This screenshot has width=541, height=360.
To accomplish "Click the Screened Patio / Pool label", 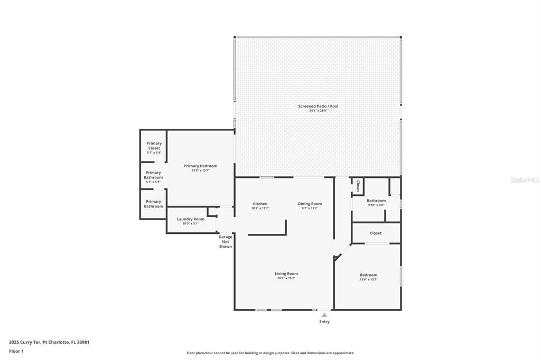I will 318,106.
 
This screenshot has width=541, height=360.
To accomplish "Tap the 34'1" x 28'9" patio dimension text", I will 318,111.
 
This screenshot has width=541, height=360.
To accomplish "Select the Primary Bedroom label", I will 200,166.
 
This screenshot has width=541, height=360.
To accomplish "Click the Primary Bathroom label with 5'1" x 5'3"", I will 153,175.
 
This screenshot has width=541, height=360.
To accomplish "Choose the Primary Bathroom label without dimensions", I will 153,204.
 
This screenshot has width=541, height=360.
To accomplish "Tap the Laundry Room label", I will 190,219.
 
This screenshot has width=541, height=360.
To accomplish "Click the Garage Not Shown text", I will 226,242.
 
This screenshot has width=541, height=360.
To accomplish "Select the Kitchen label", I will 260,204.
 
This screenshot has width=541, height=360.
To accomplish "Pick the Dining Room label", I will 310,204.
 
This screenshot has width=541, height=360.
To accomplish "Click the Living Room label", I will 286,273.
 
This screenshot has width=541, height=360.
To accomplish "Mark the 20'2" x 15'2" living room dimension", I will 286,278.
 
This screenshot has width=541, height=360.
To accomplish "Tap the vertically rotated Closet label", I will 358,186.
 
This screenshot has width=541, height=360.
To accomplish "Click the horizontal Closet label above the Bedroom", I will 376,233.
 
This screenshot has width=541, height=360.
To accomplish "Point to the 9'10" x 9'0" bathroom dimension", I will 376,205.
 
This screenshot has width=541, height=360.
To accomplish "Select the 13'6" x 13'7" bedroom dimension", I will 368,280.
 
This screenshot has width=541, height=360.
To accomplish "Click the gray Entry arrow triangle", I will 324,315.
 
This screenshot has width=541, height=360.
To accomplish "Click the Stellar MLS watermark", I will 525,180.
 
